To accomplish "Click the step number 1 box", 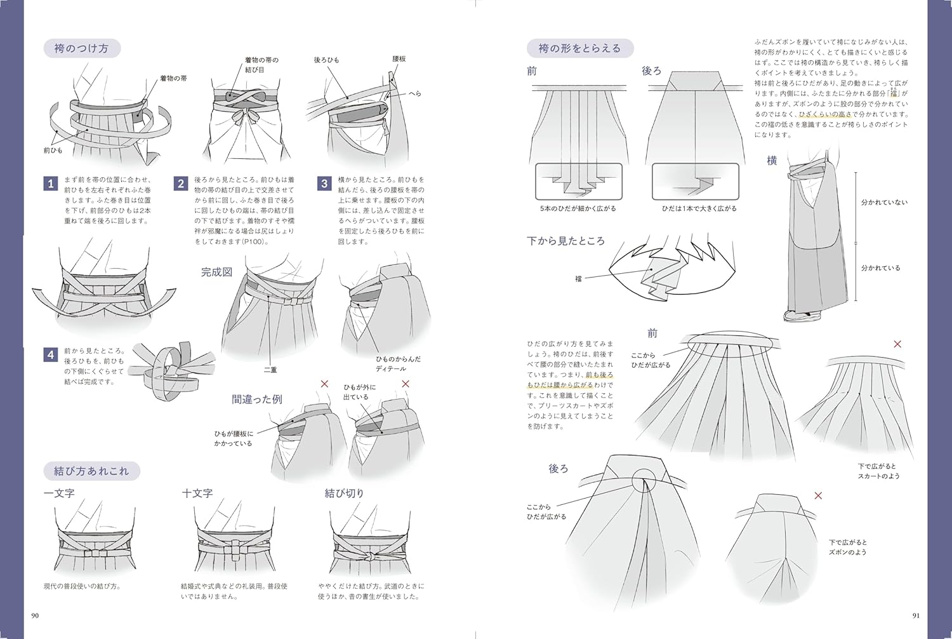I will click(x=51, y=184).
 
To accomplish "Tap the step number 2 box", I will click(x=181, y=184).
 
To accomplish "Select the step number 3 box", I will click(x=324, y=184).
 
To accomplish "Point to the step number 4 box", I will click(x=51, y=354).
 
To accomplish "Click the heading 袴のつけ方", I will click(x=81, y=48).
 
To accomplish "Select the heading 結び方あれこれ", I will click(x=91, y=471).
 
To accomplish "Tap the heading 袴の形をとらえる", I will click(x=579, y=48).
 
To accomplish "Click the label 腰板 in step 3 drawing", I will click(x=399, y=59).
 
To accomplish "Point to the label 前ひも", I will click(x=53, y=151).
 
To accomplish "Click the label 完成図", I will click(x=216, y=272).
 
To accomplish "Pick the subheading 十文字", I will click(x=197, y=493).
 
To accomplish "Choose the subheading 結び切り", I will click(x=344, y=493).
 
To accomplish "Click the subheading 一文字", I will click(x=59, y=493).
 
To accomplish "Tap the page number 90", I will click(x=35, y=615).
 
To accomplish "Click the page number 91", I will click(x=915, y=615).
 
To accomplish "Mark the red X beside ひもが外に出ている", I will click(x=406, y=384).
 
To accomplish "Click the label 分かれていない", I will click(x=883, y=202).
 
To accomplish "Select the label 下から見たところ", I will click(x=565, y=241).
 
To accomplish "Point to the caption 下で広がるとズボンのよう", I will click(x=847, y=547).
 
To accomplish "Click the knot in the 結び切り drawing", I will click(x=367, y=556).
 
